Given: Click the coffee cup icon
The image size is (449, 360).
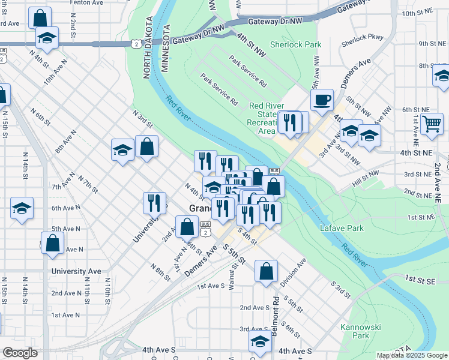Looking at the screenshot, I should click(322, 100).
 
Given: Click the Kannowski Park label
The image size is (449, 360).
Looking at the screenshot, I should click(355, 331).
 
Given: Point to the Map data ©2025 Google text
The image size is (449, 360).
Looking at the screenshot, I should click(412, 355).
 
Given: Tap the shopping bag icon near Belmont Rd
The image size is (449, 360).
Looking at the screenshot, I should click(266, 271).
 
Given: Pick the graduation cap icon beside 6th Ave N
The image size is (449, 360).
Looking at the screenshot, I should click(22, 208).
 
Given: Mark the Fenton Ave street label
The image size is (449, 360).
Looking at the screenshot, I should click(87, 2).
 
